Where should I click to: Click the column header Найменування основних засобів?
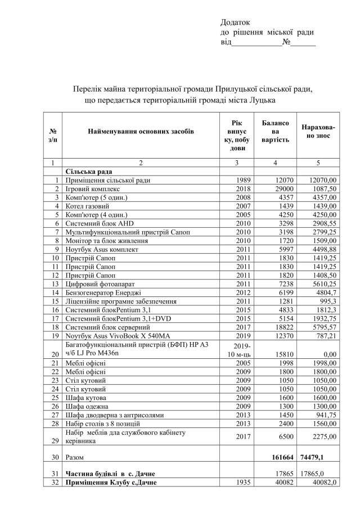141,131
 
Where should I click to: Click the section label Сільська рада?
89,172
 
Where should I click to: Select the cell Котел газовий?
88,207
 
